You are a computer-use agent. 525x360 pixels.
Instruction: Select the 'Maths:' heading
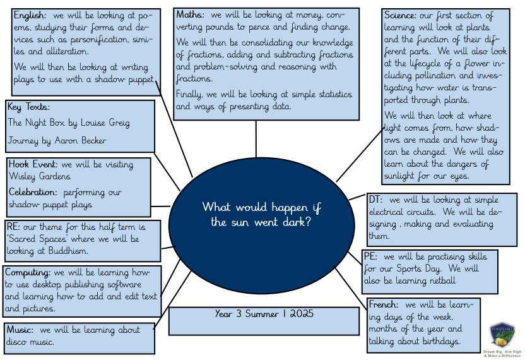190,15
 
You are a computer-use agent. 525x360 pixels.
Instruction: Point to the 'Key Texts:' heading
29,107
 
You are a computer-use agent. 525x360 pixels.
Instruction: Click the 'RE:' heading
13,226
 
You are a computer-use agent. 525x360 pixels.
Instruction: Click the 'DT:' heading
376,199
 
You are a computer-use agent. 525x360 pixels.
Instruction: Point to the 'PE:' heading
372,256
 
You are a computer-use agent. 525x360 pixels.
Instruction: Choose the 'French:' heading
384,304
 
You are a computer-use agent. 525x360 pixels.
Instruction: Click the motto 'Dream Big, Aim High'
502,351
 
